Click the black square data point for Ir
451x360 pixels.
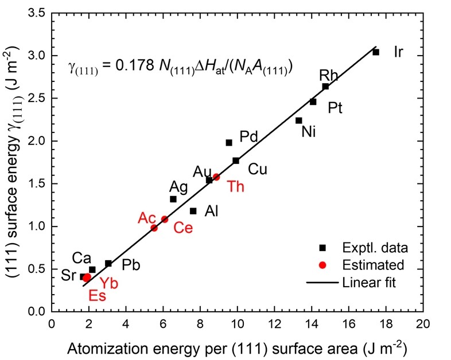[376, 52]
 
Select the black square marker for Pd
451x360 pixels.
[229, 142]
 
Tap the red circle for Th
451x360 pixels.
[216, 177]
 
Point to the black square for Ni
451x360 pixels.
[298, 120]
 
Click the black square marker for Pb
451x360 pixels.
[108, 263]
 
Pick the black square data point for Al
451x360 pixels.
[193, 211]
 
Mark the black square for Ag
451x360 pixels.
[173, 199]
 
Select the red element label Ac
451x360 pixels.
[147, 218]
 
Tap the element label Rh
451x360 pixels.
[329, 76]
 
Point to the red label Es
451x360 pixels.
[97, 296]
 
